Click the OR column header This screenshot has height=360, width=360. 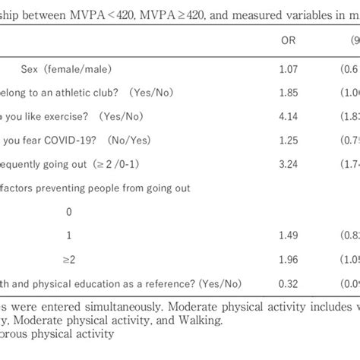pyautogui.click(x=288, y=41)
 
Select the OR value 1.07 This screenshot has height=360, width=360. pyautogui.click(x=289, y=69)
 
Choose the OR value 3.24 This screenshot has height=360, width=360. pyautogui.click(x=289, y=163)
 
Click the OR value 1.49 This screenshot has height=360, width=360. pyautogui.click(x=289, y=234)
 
